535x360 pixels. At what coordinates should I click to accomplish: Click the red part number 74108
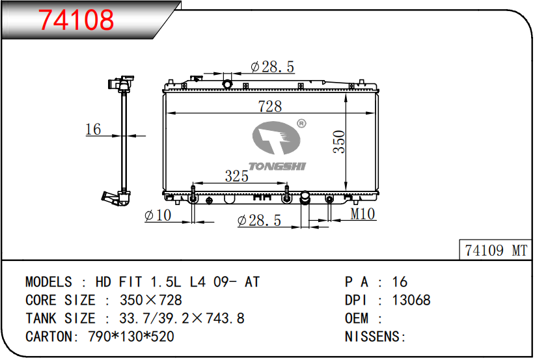point(75,20)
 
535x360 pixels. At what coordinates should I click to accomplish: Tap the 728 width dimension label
point(270,106)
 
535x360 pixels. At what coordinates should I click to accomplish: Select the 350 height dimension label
point(339,142)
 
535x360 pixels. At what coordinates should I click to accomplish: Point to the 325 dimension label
point(236,176)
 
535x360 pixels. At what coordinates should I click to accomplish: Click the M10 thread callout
point(363,214)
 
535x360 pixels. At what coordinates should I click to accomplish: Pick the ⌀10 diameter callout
point(158,215)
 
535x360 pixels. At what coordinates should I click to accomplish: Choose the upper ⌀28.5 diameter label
point(272,66)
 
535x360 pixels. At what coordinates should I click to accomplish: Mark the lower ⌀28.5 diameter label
point(259,221)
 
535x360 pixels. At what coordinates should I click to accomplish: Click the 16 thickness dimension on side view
point(93,130)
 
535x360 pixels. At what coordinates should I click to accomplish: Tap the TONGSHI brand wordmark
point(277,166)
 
